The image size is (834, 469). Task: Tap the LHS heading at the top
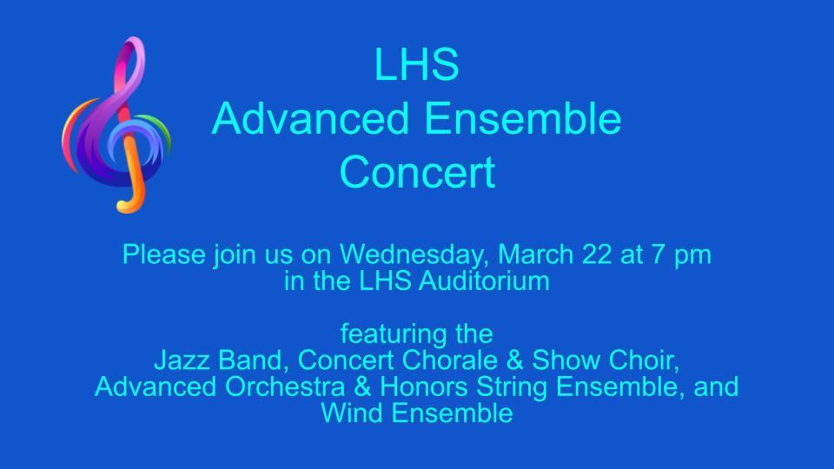[416, 64]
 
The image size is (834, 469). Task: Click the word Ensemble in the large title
[523, 118]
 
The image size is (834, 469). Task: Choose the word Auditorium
[484, 281]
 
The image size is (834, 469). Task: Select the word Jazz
[182, 360]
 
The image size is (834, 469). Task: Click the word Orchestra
[285, 386]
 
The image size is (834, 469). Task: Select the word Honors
[423, 386]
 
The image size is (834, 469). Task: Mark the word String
[512, 388]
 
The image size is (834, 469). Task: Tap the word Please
[164, 254]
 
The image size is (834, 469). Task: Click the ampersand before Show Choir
[515, 360]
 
